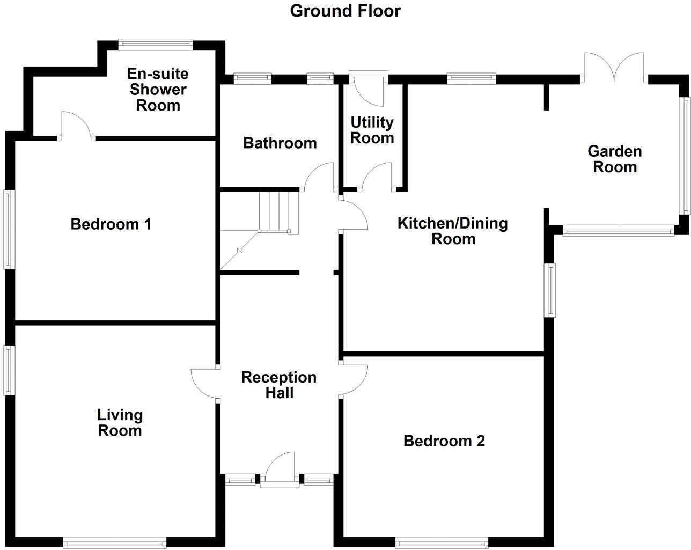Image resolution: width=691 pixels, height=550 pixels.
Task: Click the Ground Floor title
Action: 345,11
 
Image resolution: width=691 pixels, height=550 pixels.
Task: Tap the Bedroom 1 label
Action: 111,224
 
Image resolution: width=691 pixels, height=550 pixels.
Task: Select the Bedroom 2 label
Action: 444,441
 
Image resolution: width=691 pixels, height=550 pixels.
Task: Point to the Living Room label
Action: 120,423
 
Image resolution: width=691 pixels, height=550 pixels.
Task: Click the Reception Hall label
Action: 279,385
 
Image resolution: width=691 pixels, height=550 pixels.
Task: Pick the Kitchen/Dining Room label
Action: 453,231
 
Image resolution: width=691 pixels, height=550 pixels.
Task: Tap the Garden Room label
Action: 615,159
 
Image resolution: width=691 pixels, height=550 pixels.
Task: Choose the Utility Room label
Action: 372,130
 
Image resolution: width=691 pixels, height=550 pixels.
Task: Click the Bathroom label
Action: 280,143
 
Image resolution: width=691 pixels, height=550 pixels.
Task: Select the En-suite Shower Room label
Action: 158,90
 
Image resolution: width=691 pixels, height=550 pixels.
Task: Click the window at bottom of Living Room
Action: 115,543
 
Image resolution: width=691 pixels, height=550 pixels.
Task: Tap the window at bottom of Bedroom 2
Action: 442,543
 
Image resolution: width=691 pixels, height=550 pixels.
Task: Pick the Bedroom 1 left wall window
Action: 9,230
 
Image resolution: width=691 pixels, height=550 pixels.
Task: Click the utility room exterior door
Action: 368,89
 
